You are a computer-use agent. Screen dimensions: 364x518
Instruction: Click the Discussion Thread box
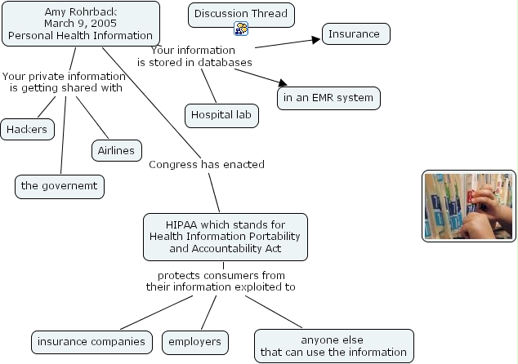coord(242,15)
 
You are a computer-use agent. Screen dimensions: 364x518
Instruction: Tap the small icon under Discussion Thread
coord(242,29)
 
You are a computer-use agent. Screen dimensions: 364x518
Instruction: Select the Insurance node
coord(355,34)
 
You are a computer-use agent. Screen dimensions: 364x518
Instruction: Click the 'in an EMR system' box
coord(328,98)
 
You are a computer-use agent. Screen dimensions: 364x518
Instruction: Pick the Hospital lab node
coord(221,115)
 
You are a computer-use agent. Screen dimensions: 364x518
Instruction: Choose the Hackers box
coord(28,129)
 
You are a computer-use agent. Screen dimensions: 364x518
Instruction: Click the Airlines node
coord(116,151)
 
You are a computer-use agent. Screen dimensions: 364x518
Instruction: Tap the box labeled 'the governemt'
coord(60,186)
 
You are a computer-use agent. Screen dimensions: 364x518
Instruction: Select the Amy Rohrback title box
coord(80,23)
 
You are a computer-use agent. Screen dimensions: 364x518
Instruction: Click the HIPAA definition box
coord(226,237)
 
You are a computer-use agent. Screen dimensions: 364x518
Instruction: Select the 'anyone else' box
coord(333,346)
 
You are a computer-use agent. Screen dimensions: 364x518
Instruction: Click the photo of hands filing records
coord(469,206)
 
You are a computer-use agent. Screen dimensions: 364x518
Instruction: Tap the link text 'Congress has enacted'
coord(207,165)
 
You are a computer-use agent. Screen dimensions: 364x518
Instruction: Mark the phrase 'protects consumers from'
coord(221,275)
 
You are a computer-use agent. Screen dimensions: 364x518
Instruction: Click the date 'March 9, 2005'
coord(80,23)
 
